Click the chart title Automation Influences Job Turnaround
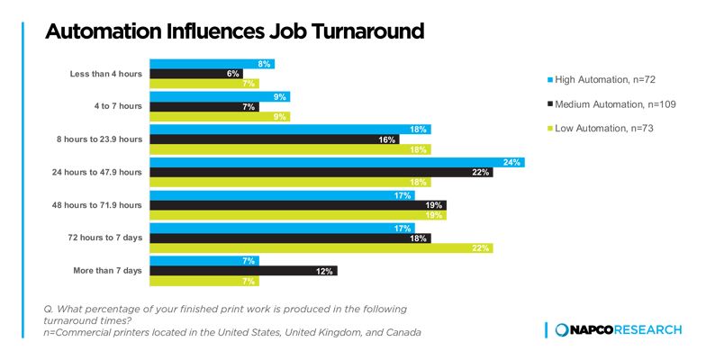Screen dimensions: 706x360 [234, 31]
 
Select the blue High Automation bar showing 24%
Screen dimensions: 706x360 [337, 162]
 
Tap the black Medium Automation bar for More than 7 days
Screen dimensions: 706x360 [243, 271]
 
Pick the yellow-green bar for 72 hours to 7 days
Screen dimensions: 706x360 [321, 248]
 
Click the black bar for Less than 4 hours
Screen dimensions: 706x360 [196, 74]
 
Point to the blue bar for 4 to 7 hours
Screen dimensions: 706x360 [220, 97]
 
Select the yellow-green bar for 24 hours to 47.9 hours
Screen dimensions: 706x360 [290, 182]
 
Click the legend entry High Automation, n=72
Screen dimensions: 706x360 [602, 79]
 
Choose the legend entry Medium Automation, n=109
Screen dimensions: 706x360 [611, 104]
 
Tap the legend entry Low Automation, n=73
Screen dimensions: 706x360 [600, 128]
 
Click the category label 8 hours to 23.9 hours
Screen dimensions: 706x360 [99, 139]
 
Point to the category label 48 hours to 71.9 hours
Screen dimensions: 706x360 [97, 205]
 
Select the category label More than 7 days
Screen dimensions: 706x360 [108, 271]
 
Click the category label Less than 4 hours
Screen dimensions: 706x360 [106, 74]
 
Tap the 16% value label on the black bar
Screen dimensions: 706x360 [387, 140]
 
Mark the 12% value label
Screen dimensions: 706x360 [324, 272]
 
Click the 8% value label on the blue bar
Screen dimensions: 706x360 [265, 65]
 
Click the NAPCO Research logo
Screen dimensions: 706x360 [618, 329]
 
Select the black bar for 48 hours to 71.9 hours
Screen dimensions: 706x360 [298, 205]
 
